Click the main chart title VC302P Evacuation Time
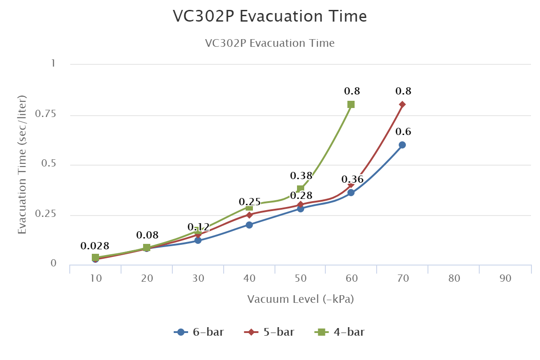coord(270,17)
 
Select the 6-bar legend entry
coord(198,333)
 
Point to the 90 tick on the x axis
coord(505,279)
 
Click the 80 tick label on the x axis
coord(454,279)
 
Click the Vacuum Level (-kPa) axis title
coord(301,299)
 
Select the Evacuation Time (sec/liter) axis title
coord(22,164)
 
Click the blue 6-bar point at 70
coord(402,145)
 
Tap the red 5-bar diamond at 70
coord(402,104)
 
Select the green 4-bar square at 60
coord(351,104)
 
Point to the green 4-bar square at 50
coord(300,189)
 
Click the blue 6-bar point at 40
coord(249,225)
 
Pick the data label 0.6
coord(403,132)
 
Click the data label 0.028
coord(95,246)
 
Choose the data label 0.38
coord(301,175)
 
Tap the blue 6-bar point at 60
coord(351,193)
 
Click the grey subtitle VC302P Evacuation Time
coord(270,43)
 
